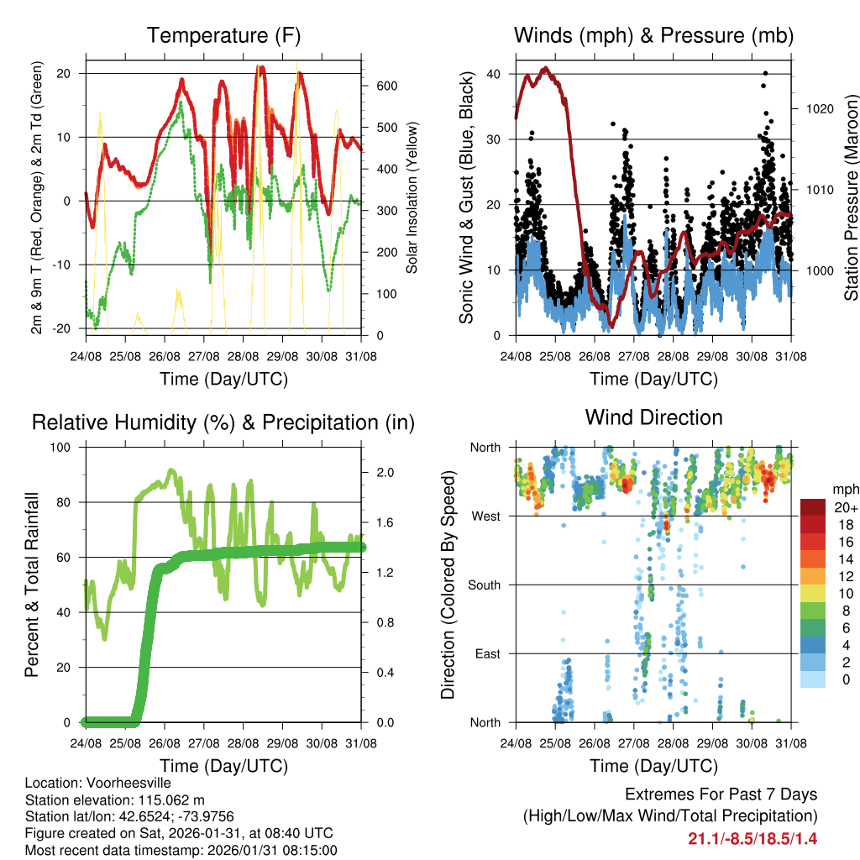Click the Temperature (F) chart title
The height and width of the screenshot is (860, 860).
(223, 36)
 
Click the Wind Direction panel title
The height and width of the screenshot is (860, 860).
(653, 417)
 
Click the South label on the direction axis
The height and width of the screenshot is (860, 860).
(483, 585)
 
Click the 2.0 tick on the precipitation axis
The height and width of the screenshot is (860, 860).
(380, 472)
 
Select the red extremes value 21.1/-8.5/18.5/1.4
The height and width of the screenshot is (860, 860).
(752, 839)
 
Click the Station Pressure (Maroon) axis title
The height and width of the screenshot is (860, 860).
(851, 197)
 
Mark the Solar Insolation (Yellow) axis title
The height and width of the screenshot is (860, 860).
(412, 198)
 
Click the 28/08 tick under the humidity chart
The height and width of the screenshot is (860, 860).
(243, 743)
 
